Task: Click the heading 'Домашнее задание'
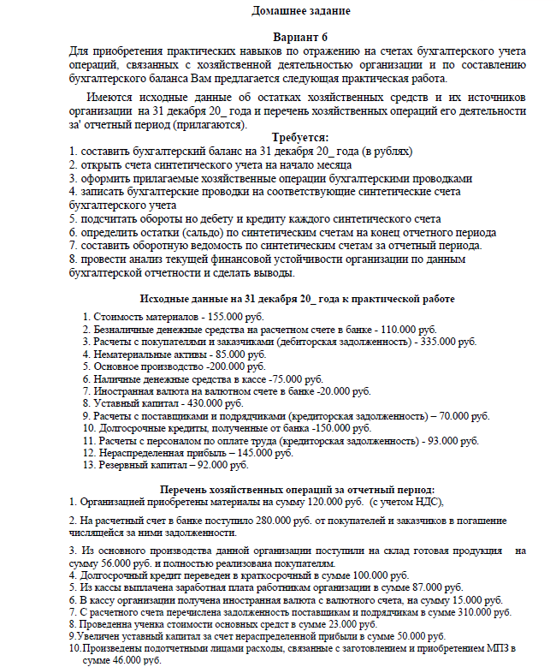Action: pos(301,11)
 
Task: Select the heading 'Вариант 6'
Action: pos(299,39)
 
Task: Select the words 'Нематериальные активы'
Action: pos(149,353)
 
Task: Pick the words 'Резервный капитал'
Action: pos(139,465)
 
